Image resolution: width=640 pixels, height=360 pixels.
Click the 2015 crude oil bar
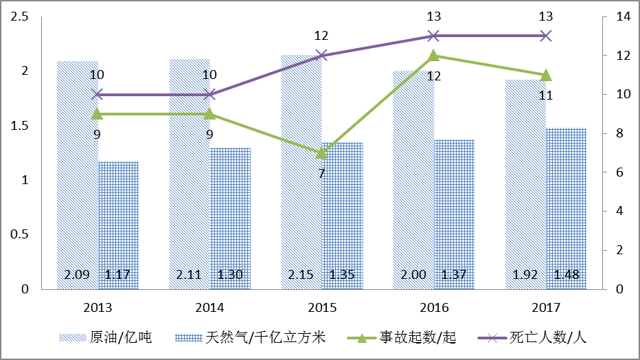click(x=301, y=172)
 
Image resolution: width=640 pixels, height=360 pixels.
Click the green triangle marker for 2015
click(x=321, y=153)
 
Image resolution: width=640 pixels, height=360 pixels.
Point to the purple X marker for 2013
click(x=97, y=94)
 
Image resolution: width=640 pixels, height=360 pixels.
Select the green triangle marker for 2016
click(x=433, y=56)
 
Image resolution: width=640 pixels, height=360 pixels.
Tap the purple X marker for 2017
click(x=545, y=36)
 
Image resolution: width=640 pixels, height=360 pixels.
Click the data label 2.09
click(x=77, y=275)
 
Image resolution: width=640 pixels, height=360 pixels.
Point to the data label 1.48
click(x=567, y=275)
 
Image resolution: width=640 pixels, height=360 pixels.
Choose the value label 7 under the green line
click(x=321, y=173)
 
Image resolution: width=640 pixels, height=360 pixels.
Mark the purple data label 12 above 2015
click(x=321, y=36)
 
